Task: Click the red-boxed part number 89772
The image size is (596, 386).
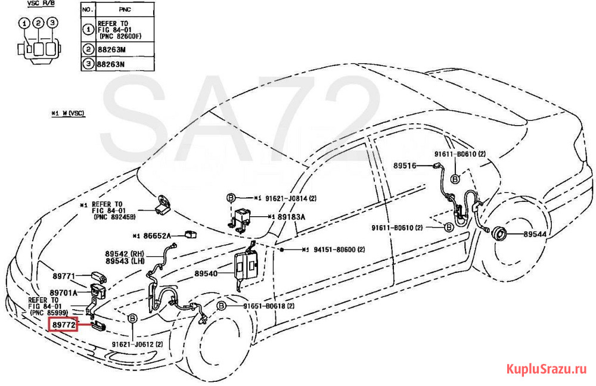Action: point(64,325)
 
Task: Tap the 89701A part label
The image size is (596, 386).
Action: point(64,293)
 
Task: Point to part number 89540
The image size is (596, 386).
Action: point(206,274)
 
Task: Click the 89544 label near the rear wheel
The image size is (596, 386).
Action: point(535,235)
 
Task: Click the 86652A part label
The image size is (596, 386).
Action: point(156,236)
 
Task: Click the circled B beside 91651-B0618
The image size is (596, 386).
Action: point(221,306)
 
